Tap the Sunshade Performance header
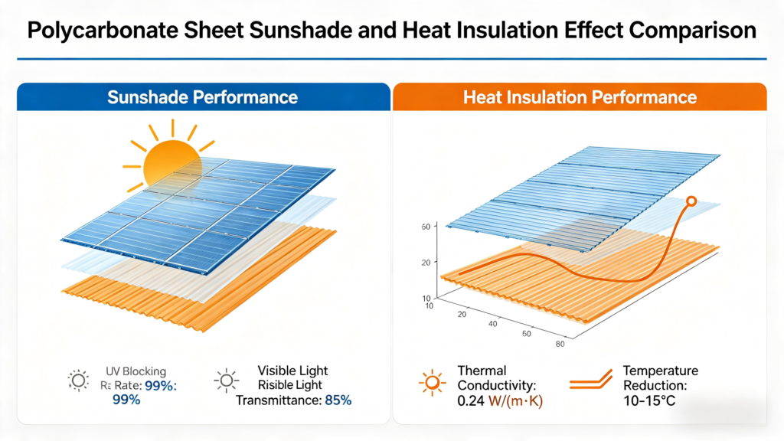(x=202, y=97)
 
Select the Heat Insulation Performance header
(x=580, y=97)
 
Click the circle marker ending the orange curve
(x=691, y=201)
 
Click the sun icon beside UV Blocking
(x=78, y=380)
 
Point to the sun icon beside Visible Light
(x=225, y=380)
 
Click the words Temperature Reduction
(x=660, y=378)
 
